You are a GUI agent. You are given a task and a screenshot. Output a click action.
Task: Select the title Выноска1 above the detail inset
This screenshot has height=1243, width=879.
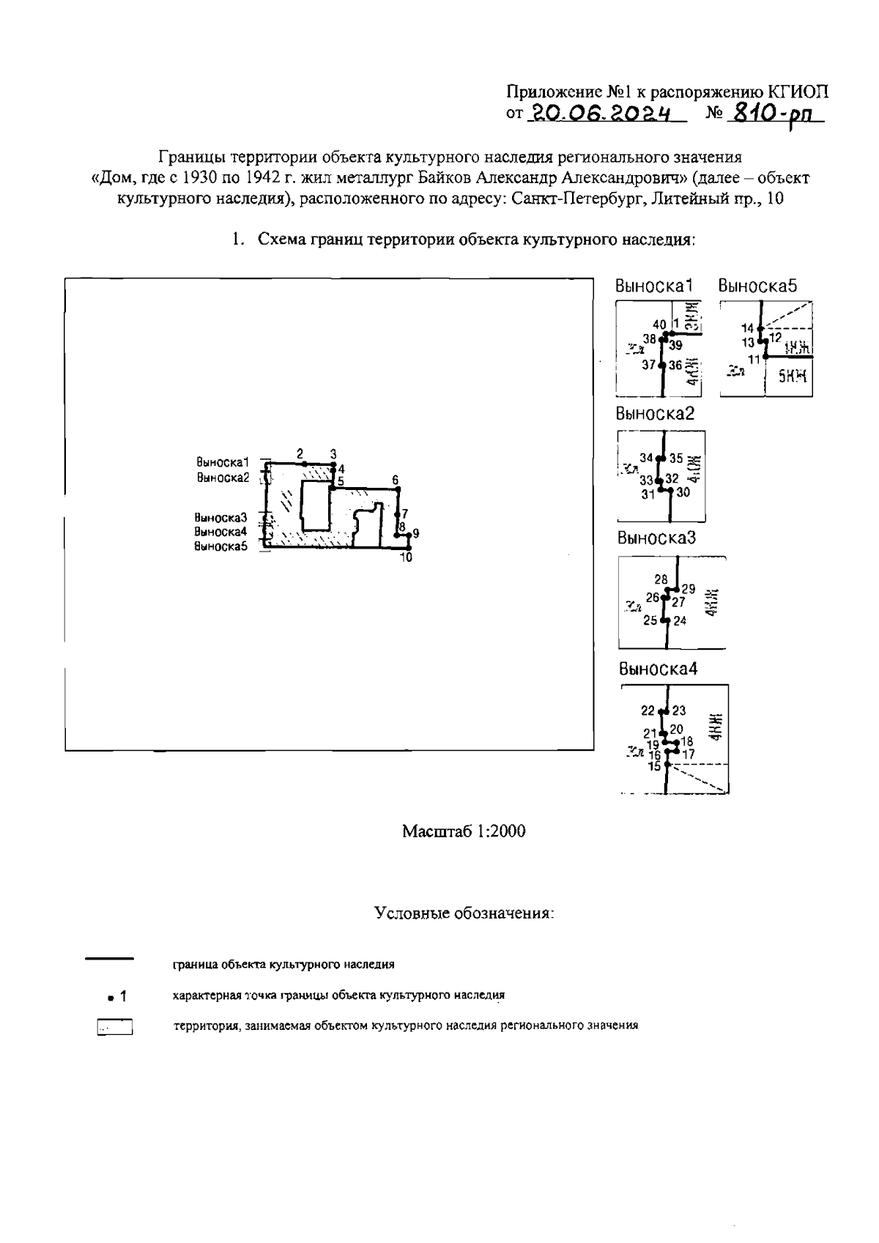654,286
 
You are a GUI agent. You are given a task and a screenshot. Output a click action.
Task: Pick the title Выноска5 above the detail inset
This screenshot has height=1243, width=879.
757,286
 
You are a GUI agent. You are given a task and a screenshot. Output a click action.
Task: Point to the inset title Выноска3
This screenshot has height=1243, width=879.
656,538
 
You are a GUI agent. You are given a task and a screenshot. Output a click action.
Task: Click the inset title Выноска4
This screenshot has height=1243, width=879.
658,669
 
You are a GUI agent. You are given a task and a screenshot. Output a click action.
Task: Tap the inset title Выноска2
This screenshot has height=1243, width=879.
655,413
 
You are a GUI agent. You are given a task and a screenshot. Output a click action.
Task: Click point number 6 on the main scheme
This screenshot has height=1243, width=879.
396,480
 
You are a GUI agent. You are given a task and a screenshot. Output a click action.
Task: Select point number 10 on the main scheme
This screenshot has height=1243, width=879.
406,557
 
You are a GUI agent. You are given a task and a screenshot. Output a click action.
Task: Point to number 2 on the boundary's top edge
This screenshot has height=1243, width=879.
300,453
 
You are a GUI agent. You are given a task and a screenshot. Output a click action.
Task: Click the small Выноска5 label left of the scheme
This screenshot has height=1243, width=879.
220,546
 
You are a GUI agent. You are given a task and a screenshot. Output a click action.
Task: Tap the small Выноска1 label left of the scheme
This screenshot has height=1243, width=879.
223,462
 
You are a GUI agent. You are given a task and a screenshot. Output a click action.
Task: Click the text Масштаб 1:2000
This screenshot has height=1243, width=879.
464,831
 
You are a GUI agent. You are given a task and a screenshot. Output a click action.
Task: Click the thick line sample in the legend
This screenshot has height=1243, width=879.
110,958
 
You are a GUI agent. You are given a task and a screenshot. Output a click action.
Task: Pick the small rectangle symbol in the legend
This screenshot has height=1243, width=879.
114,1028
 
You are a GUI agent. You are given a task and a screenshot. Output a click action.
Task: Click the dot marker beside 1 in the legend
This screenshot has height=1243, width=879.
109,998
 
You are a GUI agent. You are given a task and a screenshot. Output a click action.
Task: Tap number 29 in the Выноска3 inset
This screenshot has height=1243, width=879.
688,588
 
